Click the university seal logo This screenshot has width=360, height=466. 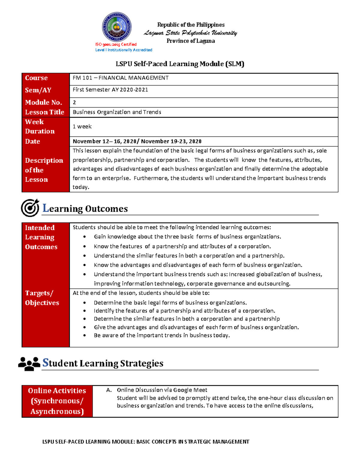[x=117, y=27]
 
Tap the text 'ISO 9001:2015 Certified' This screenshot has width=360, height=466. [x=116, y=44]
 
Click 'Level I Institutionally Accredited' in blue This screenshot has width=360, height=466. [x=124, y=50]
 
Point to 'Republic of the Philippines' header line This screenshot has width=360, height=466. [x=191, y=25]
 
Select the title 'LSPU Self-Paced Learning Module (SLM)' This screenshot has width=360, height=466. [x=180, y=64]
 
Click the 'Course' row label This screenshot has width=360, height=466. [x=36, y=78]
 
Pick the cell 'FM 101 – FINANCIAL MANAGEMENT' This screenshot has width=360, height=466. [x=121, y=78]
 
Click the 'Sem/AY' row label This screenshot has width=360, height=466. [x=38, y=90]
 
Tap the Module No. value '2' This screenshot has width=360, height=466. [x=74, y=102]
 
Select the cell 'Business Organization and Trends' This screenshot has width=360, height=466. [x=117, y=112]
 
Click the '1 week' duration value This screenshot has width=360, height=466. [x=82, y=127]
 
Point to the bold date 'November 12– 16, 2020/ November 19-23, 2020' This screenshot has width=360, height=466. [x=137, y=141]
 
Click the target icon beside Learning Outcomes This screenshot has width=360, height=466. [x=30, y=208]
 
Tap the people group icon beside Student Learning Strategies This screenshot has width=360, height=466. [x=29, y=363]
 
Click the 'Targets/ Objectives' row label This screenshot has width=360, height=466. [x=42, y=298]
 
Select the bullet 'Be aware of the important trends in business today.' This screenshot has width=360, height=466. [x=162, y=335]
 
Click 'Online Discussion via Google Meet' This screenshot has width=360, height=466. [x=162, y=390]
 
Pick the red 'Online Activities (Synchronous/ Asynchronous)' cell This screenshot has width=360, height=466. [x=57, y=401]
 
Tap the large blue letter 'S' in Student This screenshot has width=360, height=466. [x=46, y=362]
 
